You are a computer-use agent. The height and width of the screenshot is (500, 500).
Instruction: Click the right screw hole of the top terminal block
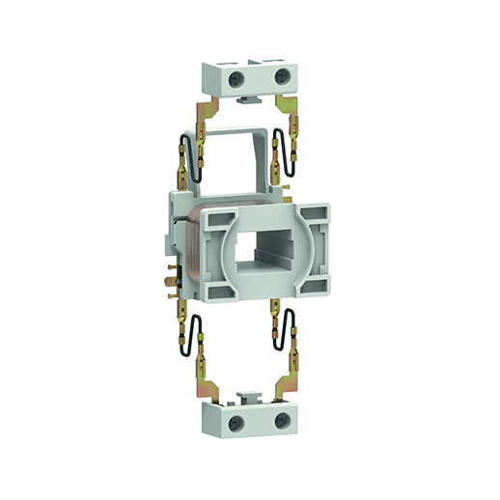pos(280,75)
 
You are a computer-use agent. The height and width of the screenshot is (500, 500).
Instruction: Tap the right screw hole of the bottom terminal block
pos(281,421)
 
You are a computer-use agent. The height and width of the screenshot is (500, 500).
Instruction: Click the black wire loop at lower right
pos(287,342)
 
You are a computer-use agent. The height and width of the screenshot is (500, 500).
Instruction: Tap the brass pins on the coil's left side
pos(170,275)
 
